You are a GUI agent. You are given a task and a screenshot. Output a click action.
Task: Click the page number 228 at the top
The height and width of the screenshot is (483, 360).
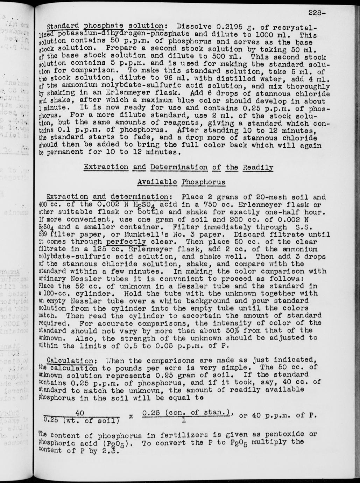(x=316, y=13)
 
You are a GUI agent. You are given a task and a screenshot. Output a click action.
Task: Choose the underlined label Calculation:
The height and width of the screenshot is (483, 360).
(x=70, y=360)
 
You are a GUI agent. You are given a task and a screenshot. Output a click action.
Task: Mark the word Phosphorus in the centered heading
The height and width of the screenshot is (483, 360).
(x=203, y=182)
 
